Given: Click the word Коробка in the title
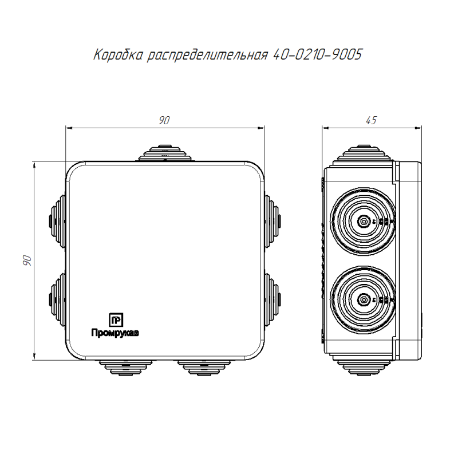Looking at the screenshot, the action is pyautogui.click(x=119, y=55).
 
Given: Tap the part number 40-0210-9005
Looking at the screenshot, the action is pyautogui.click(x=318, y=54).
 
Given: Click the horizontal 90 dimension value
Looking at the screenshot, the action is pyautogui.click(x=164, y=120).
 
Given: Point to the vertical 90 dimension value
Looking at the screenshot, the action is pyautogui.click(x=27, y=260).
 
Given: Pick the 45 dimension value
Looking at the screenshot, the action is pyautogui.click(x=371, y=120).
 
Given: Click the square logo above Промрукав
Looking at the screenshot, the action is pyautogui.click(x=116, y=320).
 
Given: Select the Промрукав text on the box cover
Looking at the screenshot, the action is pyautogui.click(x=115, y=333).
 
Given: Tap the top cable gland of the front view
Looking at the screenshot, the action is pyautogui.click(x=165, y=152).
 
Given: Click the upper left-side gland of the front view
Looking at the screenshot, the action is pyautogui.click(x=57, y=222).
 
